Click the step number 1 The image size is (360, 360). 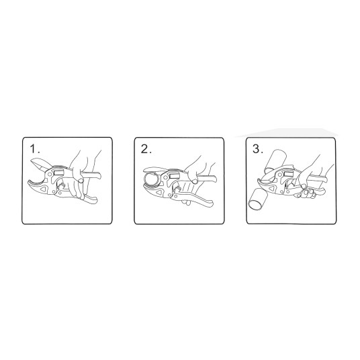point(34,149)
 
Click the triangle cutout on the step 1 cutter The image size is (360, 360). point(44,189)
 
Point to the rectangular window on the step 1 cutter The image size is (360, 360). point(59,171)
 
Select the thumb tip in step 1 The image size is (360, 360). point(81,181)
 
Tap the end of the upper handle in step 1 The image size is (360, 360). point(99,177)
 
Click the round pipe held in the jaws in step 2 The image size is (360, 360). point(152,178)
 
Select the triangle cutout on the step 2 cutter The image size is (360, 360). point(159,192)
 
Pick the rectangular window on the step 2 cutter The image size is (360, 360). point(174,175)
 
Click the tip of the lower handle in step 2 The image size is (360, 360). point(210,204)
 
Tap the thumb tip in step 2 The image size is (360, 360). point(195,181)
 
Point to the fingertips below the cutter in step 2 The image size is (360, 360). point(185,203)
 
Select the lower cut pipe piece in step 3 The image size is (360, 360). point(258,198)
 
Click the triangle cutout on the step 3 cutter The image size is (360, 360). point(272,189)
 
